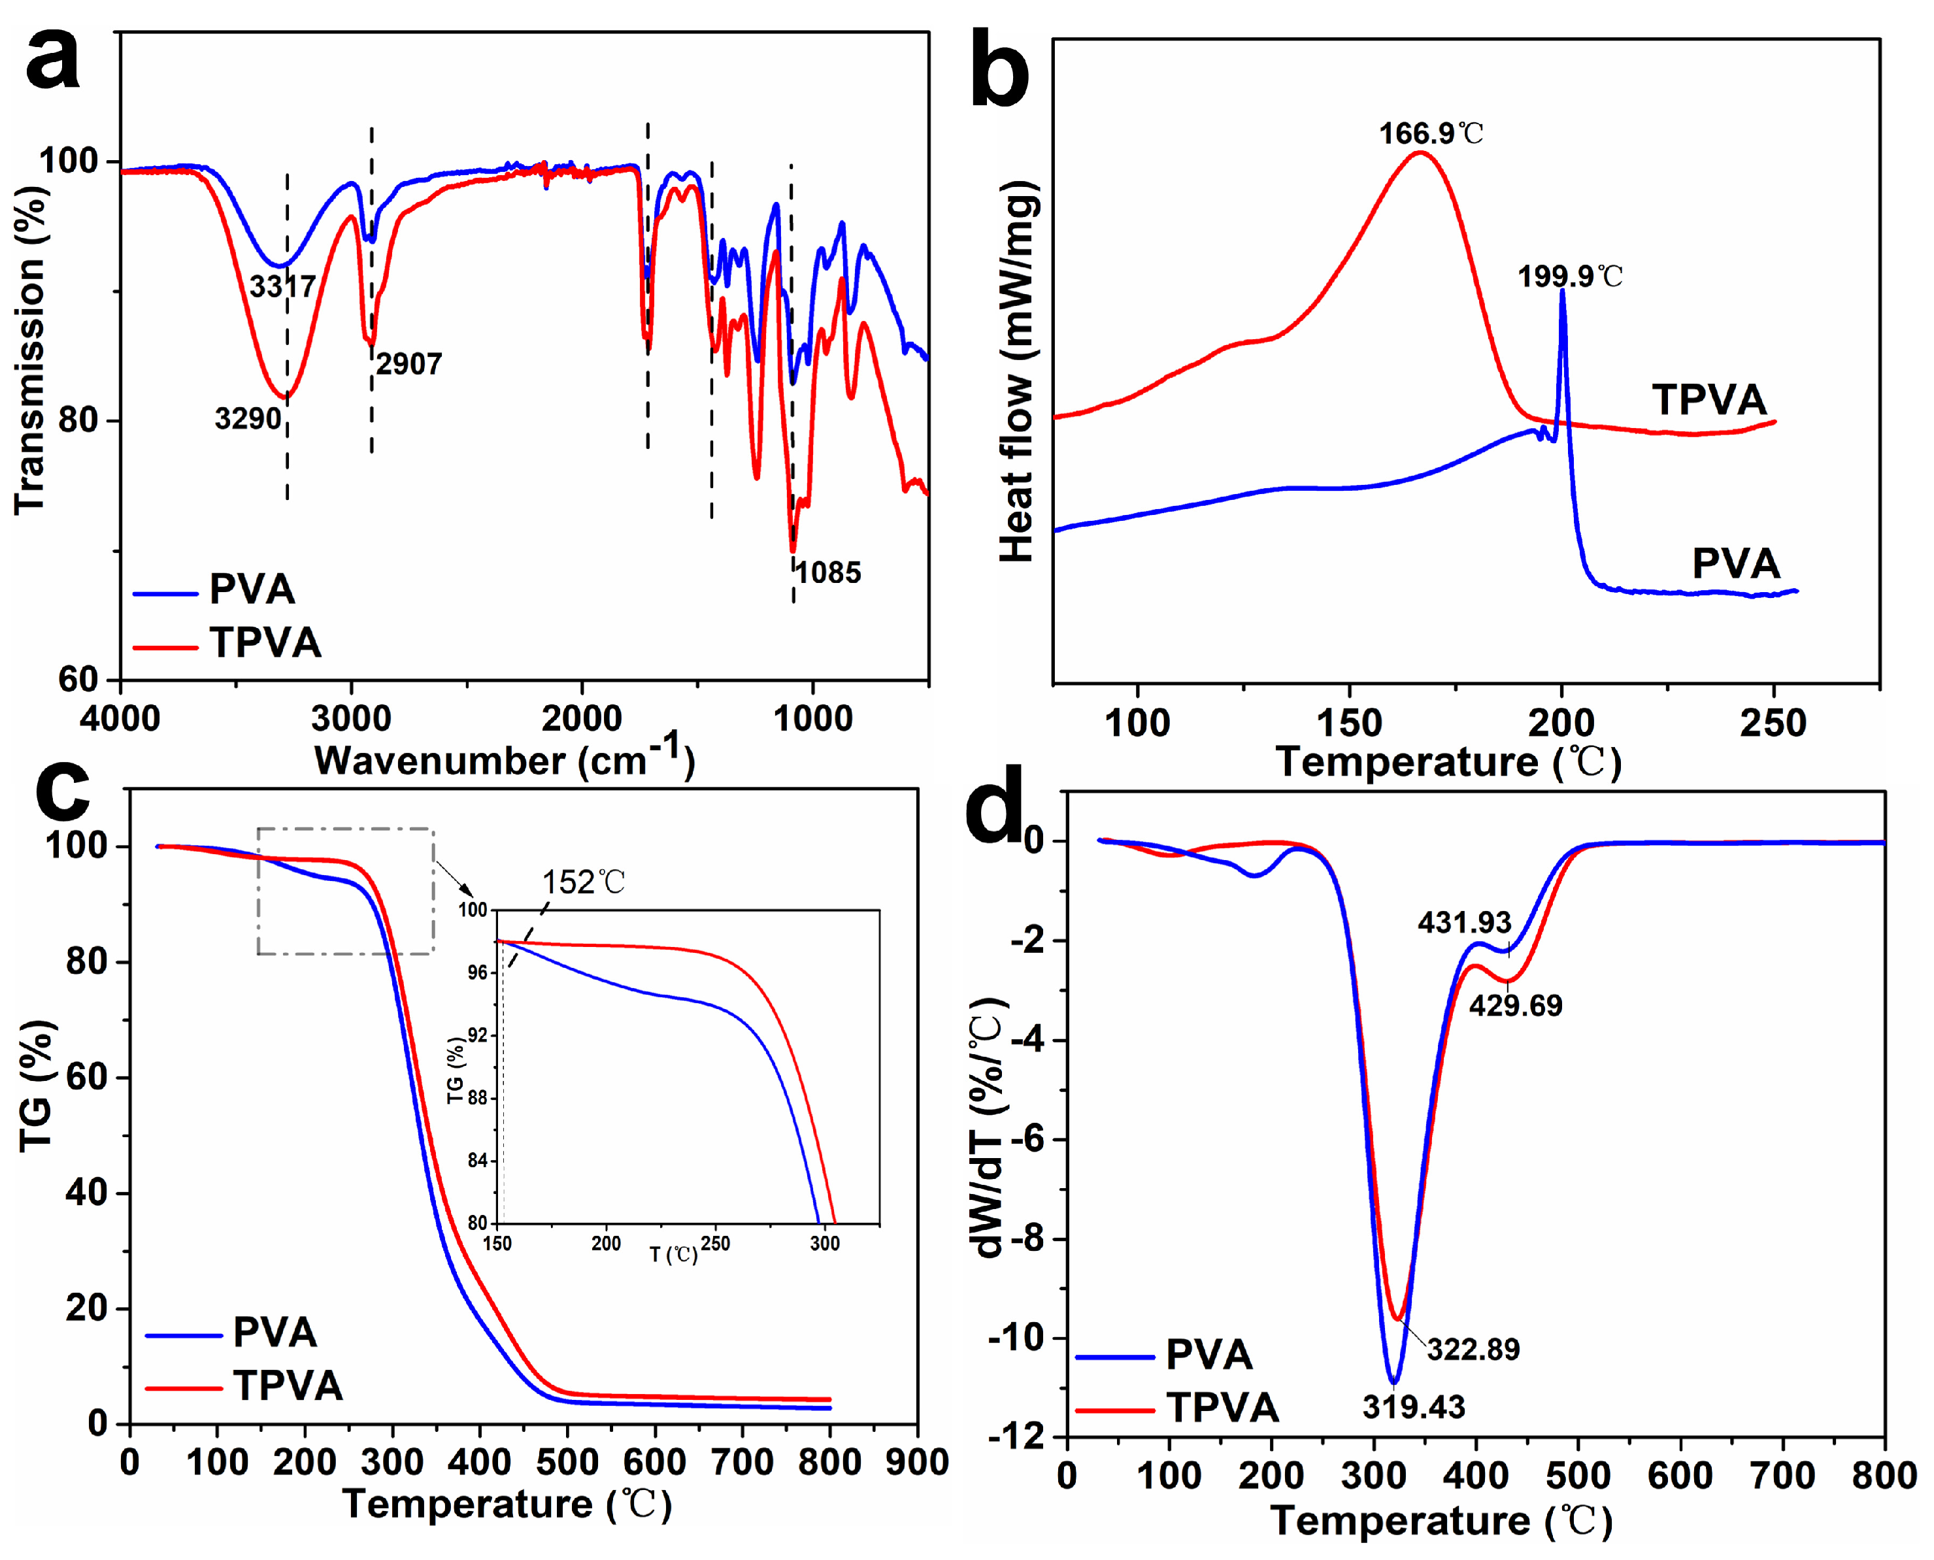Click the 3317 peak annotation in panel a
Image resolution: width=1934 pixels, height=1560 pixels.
coord(282,287)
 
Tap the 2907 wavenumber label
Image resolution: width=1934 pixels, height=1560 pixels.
coord(409,364)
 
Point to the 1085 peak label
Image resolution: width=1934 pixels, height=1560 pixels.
coord(827,573)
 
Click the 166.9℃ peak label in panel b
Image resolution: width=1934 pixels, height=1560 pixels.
coord(1431,134)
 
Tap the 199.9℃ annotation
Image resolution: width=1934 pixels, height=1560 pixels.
coord(1570,276)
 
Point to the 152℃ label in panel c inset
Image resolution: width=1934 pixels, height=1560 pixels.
coord(582,882)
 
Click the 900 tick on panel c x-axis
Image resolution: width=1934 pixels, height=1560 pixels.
coord(916,1462)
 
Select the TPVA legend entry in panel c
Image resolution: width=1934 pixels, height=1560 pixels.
coord(288,1385)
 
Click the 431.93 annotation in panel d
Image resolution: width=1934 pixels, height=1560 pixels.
coord(1464,922)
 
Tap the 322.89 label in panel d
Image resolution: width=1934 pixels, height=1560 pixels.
coord(1473,1349)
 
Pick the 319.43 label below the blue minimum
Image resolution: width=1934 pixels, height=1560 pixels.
coord(1413,1407)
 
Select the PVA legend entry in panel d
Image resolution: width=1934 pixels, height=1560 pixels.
coord(1208,1354)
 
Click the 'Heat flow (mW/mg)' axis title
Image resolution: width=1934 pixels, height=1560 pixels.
coord(1018,370)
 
